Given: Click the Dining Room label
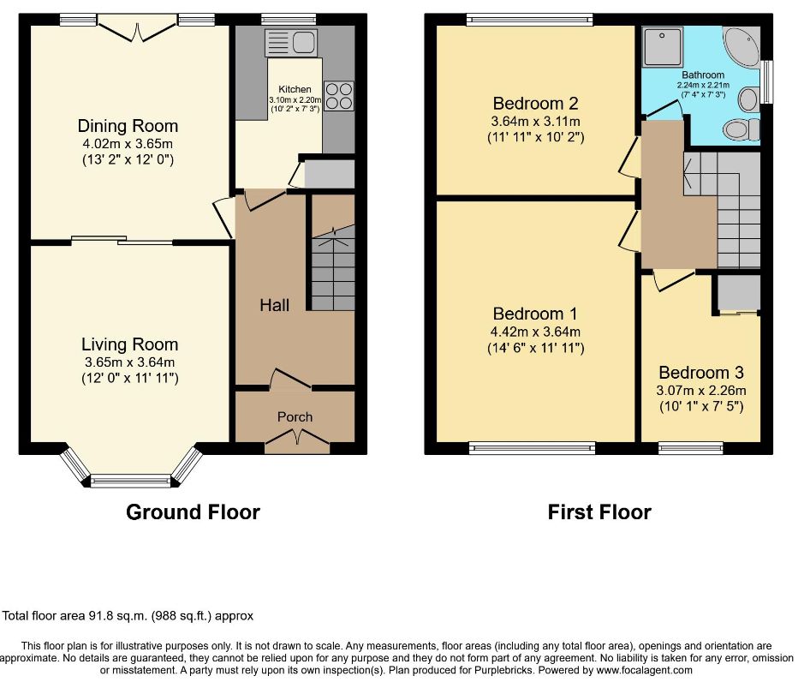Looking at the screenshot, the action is pos(128,126).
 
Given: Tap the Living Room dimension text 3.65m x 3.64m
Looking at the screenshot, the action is pos(129,362).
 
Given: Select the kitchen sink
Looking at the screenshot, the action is pos(291,42).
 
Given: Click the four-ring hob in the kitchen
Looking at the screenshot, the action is pos(339,96).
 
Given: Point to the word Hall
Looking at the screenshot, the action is pos(274,305).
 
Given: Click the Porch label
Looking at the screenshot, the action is pos(295,417).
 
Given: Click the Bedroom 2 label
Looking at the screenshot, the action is pos(536,104).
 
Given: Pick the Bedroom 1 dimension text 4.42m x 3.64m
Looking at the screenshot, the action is pos(536,332).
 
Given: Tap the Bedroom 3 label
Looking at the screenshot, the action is pos(701,373).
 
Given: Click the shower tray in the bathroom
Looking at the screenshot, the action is pos(663,46).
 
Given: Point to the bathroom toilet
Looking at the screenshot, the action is pos(742,129).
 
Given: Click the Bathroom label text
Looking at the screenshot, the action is pos(703,75).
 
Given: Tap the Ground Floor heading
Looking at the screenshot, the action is pos(194,512).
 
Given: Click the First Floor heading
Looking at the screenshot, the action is pos(599,512).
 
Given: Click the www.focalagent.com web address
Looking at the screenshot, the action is pos(644,671).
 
